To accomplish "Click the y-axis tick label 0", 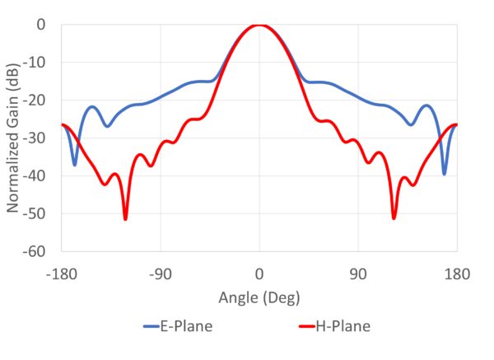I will coord(40,25).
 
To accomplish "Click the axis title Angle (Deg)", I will coord(259,297).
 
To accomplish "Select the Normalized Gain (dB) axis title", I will coord(14,138).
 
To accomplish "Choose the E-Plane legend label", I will coord(186,327).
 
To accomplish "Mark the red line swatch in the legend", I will coord(306,327).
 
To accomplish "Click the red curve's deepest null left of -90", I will coord(125,218).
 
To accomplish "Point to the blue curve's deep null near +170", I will coord(445,173).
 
